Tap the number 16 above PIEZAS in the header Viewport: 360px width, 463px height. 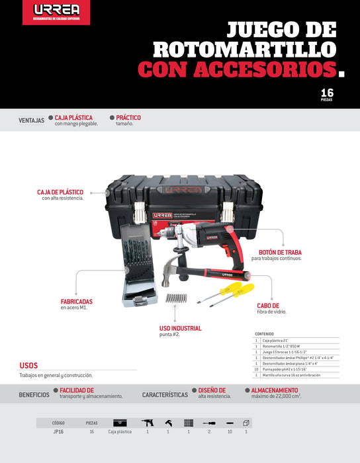327,92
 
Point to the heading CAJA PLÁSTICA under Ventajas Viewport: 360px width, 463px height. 73,118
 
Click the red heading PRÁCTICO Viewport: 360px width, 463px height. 128,118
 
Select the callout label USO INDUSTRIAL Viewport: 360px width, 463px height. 180,328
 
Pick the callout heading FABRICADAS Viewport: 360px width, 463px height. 76,301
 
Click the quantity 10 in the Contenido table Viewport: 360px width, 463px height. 256,369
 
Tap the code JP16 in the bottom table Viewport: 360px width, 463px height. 58,431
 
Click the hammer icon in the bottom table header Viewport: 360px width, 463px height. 168,422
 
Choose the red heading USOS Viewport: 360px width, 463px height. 28,365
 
